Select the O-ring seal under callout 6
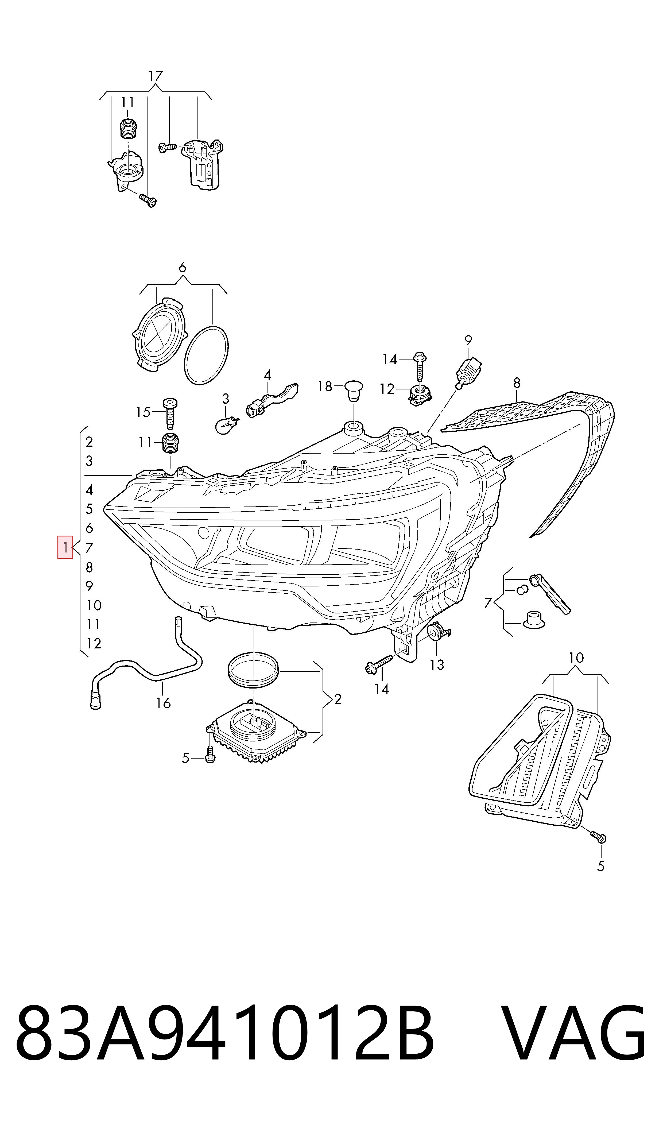(206, 355)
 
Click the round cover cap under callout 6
(159, 334)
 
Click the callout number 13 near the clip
(437, 665)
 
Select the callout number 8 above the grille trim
(517, 383)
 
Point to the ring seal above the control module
(253, 667)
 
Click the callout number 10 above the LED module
(576, 658)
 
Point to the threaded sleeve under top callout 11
(128, 129)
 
